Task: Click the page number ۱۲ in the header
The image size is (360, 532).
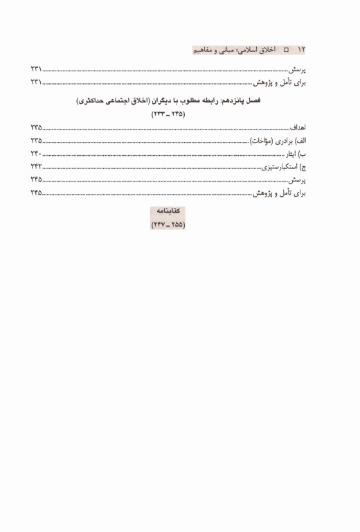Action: [x=301, y=51]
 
